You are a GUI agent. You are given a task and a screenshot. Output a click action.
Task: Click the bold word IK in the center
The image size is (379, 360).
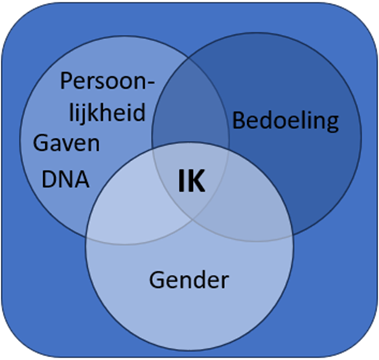tap(192, 180)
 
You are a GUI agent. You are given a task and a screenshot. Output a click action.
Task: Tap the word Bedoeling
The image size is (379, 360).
tap(286, 121)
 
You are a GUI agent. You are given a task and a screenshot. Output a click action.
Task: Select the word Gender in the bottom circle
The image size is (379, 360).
tap(189, 280)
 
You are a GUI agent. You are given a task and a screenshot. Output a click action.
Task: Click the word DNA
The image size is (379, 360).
tap(65, 180)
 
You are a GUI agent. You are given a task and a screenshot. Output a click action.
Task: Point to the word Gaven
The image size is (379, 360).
tap(66, 143)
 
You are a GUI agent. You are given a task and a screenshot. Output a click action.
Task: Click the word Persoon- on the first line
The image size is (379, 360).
tap(107, 81)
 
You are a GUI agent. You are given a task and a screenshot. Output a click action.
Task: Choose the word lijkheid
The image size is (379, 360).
tap(107, 112)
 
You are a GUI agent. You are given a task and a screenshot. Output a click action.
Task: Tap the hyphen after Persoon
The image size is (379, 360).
tap(150, 82)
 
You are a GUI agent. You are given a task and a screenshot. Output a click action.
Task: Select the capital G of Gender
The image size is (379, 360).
tap(157, 280)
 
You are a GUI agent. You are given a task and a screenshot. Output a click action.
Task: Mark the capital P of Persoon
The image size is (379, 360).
tap(67, 81)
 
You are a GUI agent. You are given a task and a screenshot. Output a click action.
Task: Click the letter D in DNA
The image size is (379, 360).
tap(49, 180)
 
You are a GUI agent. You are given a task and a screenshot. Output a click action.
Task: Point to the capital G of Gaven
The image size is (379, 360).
tap(41, 143)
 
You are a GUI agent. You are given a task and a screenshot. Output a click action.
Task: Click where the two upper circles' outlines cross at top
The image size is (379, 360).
tap(189, 58)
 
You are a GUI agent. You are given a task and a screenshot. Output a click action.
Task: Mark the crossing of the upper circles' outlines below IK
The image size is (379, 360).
tap(193, 220)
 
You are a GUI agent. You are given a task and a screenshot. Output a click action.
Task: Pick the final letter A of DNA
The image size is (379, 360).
tap(82, 180)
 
